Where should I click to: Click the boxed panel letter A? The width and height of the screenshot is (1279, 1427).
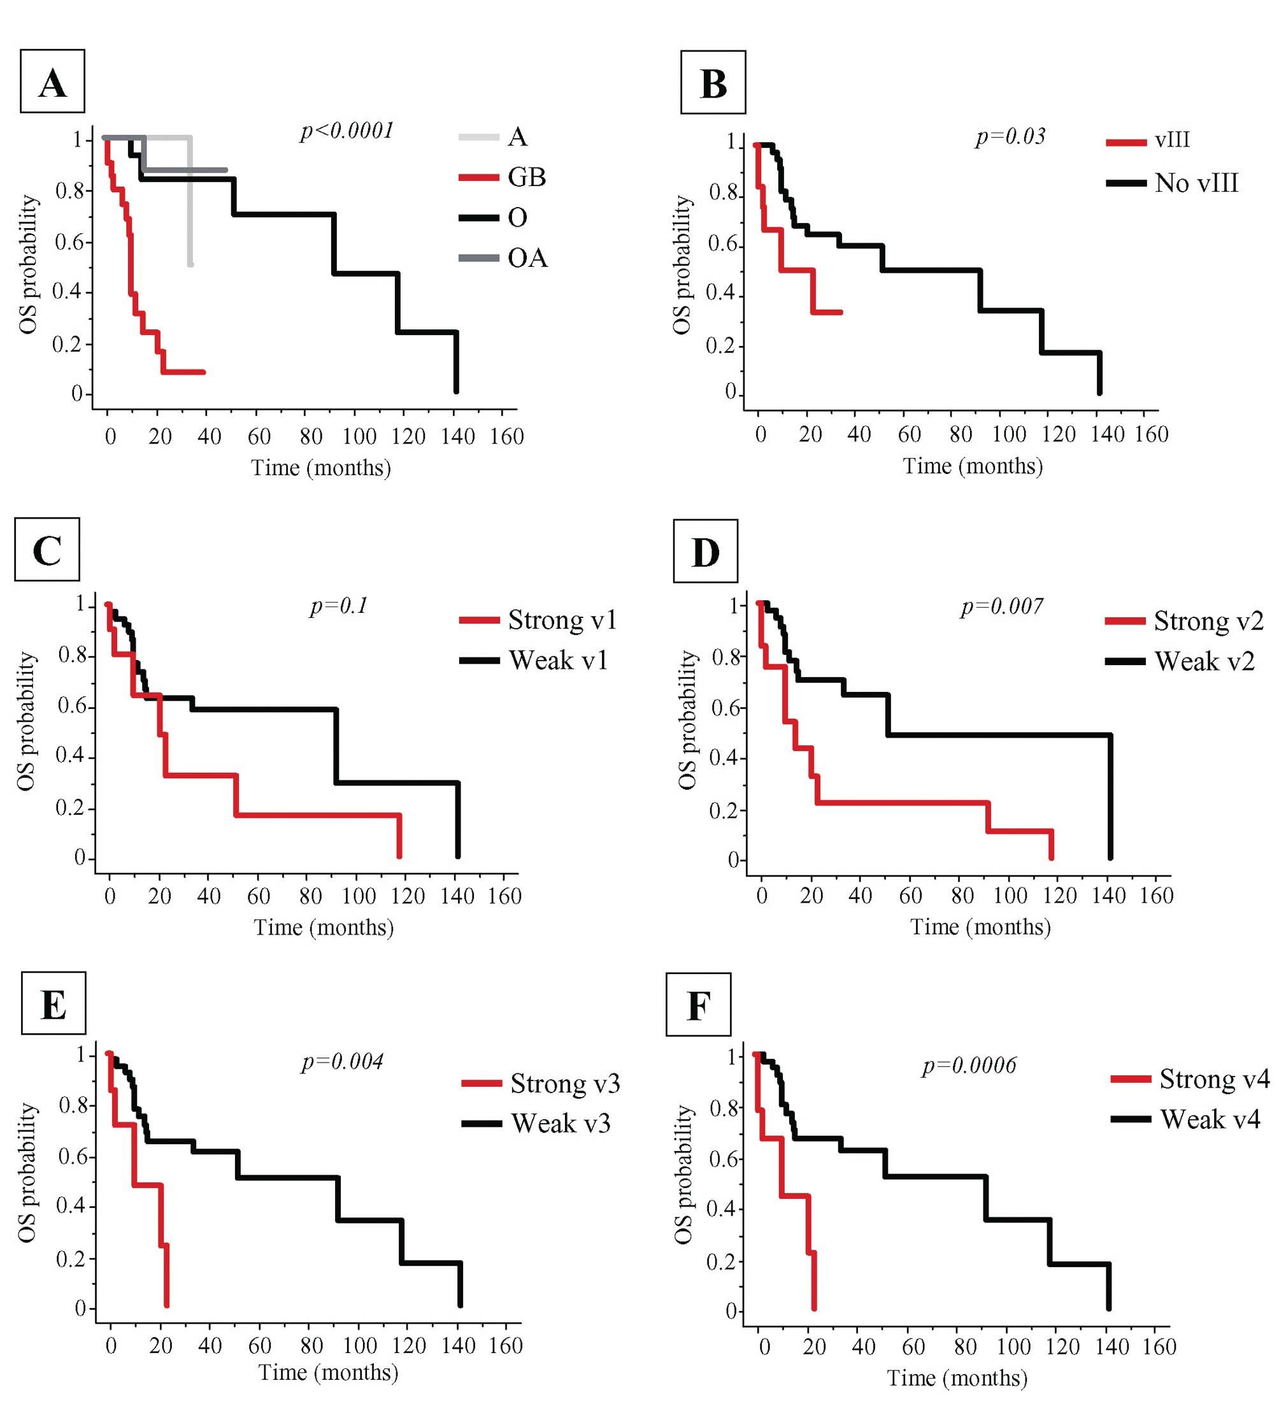[x=53, y=82]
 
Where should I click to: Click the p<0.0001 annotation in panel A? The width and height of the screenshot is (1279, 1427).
[x=347, y=131]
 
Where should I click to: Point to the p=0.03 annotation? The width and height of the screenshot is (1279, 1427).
[x=1010, y=136]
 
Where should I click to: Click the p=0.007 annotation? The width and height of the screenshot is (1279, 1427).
[x=1001, y=605]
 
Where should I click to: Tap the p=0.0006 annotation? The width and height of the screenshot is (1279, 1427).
[x=968, y=1065]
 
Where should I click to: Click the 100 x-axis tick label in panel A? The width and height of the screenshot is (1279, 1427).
[x=359, y=437]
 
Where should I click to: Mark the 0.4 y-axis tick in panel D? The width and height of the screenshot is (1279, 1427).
[x=724, y=758]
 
